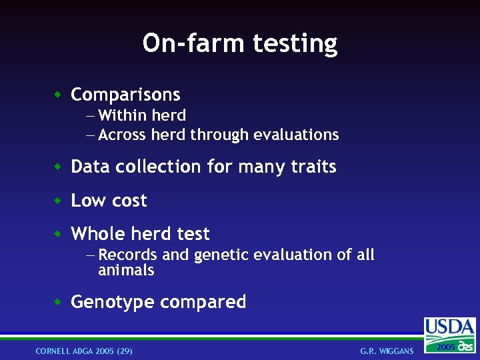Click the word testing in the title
click(x=295, y=44)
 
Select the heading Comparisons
click(x=125, y=95)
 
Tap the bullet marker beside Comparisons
click(x=58, y=95)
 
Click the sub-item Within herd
click(x=141, y=115)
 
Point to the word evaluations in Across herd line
click(x=297, y=135)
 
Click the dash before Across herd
click(x=91, y=135)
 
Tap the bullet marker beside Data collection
click(x=58, y=167)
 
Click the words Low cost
click(x=109, y=201)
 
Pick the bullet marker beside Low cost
click(x=58, y=201)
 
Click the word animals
click(x=126, y=270)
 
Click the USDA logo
click(x=450, y=334)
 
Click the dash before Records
click(x=91, y=255)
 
